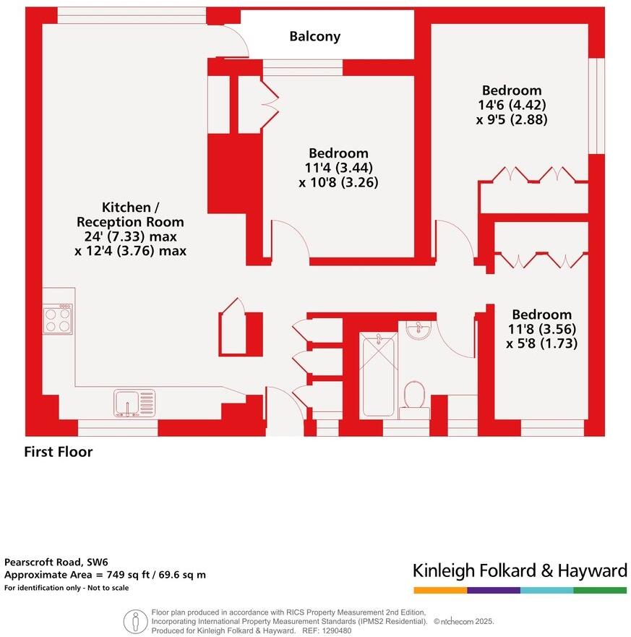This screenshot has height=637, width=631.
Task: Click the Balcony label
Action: point(314,36)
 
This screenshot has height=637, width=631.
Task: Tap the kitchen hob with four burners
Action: point(58,319)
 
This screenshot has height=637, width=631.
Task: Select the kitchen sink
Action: point(134,403)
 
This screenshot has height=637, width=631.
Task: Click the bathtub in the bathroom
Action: point(379,375)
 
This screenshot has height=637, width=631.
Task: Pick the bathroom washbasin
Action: point(418,330)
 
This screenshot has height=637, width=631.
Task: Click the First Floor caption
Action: point(59,453)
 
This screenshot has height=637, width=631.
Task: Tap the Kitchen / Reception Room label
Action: point(130,214)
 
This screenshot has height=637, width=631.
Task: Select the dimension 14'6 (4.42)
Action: point(512,105)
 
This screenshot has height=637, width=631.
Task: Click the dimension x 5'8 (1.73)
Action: point(542,343)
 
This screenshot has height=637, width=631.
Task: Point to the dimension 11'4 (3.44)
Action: point(338,168)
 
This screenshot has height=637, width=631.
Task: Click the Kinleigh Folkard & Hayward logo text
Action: point(520,570)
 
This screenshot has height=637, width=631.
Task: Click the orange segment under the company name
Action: point(439,590)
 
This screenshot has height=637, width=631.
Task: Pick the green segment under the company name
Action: point(601,590)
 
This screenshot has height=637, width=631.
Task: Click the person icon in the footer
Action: point(134,621)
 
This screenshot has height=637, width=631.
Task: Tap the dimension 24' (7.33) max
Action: point(130,236)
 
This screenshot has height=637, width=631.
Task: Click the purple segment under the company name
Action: point(493,590)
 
